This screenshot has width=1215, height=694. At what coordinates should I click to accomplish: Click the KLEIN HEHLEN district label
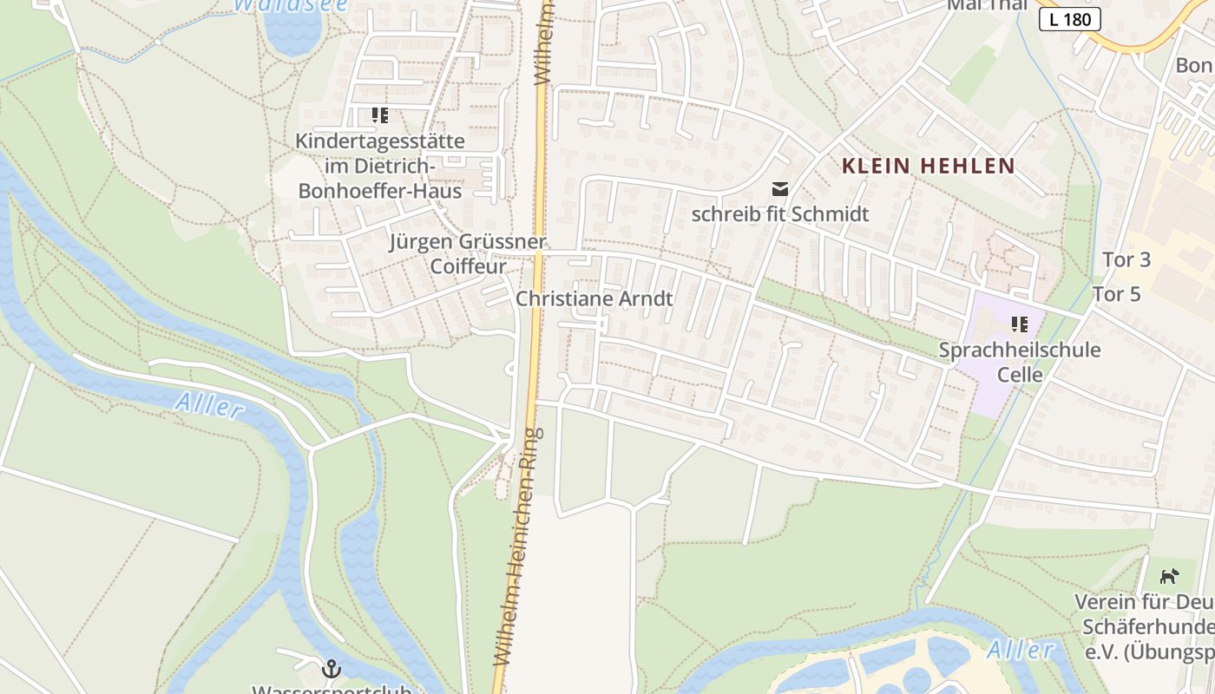[928, 166]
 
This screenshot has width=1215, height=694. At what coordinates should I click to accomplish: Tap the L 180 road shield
[1069, 18]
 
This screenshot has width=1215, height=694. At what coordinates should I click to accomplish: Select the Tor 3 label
[1126, 259]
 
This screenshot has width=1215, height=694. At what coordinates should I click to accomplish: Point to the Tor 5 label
[1116, 294]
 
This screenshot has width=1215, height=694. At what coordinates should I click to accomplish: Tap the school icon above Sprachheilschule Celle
[1020, 324]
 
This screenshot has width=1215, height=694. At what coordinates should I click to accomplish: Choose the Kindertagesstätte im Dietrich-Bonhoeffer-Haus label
[380, 165]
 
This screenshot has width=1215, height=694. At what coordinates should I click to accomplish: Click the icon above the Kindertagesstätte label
[379, 115]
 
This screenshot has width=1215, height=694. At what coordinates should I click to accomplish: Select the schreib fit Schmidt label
[780, 213]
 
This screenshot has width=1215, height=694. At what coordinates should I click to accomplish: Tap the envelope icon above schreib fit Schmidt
[780, 188]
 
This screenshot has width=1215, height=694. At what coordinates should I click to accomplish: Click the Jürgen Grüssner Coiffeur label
[468, 253]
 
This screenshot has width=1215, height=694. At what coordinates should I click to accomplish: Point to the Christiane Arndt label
[594, 298]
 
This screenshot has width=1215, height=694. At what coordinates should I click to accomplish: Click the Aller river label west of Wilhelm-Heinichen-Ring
[208, 404]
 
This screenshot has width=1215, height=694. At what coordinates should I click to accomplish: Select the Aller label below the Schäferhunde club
[1021, 649]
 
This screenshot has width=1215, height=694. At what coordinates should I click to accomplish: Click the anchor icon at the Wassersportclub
[331, 668]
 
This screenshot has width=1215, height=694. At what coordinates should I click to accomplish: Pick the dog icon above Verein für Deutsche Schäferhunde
[1170, 575]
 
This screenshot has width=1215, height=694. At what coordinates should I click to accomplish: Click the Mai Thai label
[987, 5]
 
